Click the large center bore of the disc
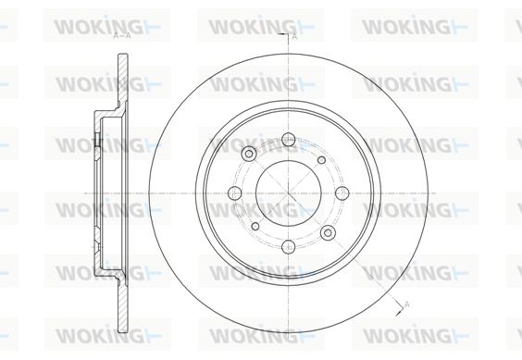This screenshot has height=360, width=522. tap(288, 192)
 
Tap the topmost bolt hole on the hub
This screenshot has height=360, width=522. tap(288, 140)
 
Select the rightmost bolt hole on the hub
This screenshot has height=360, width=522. tap(342, 192)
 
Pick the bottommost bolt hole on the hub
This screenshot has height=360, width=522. tap(288, 247)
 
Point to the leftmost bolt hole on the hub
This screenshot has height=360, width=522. tap(235, 192)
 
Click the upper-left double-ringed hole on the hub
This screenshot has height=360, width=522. tap(249, 154)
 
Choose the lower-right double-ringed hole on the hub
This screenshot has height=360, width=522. tap(328, 232)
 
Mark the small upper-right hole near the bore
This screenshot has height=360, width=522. tap(321, 160)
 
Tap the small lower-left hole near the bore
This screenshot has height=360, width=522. tap(255, 227)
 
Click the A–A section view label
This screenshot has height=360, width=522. tap(122, 36)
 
